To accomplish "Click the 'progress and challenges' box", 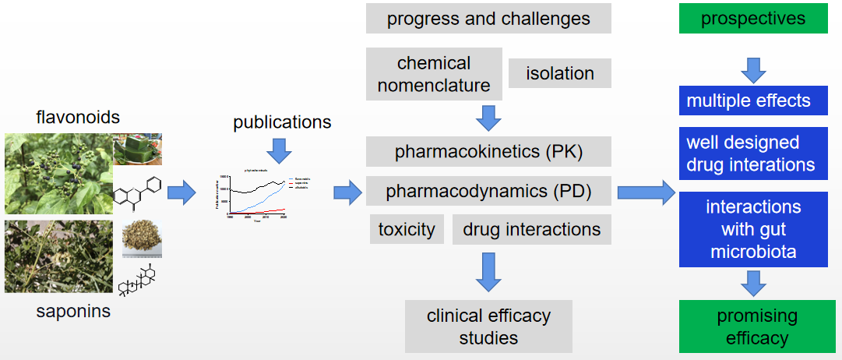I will pos(488,19).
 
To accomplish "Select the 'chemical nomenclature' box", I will pos(434,74).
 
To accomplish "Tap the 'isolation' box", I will pos(559,73).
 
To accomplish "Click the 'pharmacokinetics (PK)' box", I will pos(488,151).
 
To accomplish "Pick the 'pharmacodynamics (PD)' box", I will pos(488,191).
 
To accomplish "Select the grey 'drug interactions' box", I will pos(531,229).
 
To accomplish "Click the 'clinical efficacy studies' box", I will pos(488,326).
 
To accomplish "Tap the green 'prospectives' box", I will pos(752,18).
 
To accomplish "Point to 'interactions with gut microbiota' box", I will pos(752,230).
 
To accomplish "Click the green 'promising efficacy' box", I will pos(752,326).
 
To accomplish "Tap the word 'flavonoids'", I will pos(78,118).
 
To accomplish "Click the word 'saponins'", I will pos(73,312).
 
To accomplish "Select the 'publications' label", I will pos(282,122).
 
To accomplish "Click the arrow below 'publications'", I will pos(277,150).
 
